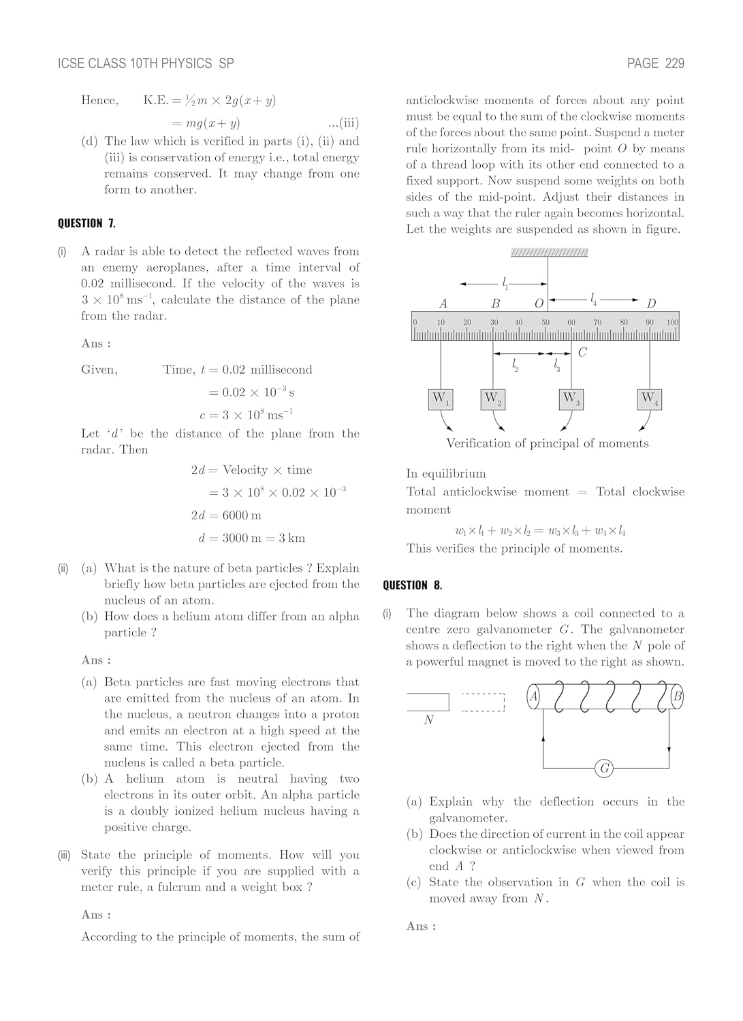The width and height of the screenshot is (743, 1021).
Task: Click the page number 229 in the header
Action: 674,63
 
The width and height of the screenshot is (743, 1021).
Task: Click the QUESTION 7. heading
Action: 86,223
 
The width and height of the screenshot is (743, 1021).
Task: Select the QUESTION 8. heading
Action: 412,585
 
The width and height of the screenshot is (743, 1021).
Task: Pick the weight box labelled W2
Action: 493,399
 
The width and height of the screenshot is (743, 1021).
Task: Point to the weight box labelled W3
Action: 571,399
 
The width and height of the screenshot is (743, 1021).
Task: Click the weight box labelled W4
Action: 650,399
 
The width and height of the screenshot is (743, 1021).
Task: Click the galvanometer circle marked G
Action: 604,768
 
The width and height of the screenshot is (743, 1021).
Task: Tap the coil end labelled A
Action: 535,696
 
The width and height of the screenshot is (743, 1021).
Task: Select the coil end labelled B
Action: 677,696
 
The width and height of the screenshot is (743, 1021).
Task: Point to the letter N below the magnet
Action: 428,720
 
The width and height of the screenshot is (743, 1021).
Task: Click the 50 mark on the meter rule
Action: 546,322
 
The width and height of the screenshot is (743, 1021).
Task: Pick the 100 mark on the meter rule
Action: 672,322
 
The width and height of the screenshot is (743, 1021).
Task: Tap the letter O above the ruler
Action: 539,304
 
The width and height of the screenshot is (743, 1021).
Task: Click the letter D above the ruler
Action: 651,304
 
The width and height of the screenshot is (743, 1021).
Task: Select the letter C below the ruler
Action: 582,353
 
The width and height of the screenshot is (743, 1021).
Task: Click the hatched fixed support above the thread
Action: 549,253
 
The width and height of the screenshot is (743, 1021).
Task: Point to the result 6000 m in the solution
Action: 242,515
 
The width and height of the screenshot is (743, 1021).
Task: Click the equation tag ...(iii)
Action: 343,123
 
